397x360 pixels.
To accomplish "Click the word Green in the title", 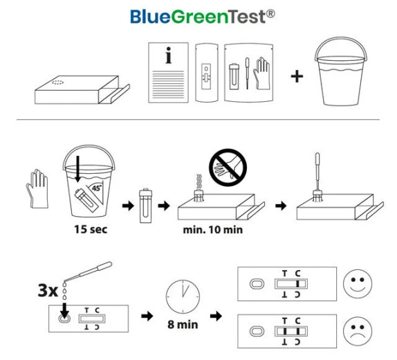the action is click(200, 17).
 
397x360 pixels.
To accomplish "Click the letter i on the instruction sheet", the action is click(168, 55).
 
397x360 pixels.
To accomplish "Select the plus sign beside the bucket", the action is click(297, 76).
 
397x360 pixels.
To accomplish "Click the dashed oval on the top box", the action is click(57, 82).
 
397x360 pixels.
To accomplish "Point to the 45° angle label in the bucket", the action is click(96, 188).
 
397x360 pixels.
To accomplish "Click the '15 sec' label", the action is click(91, 229).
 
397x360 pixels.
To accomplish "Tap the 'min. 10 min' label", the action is click(213, 230).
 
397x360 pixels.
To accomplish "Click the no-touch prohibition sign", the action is click(228, 168).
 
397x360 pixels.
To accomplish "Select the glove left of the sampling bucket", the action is click(37, 189).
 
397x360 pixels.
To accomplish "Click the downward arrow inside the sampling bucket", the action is click(77, 169).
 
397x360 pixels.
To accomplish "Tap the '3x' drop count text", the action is click(48, 291).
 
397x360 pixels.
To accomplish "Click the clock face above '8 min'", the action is click(183, 296).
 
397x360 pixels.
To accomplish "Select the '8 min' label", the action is click(183, 325).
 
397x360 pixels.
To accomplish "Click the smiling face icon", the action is click(358, 284).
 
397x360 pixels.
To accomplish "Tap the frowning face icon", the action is click(358, 331).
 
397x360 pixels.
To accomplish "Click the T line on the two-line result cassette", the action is click(285, 332).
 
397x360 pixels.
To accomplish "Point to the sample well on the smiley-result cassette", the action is click(257, 284).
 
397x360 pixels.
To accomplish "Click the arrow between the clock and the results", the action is click(216, 316).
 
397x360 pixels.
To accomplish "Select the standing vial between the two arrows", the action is click(145, 206).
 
